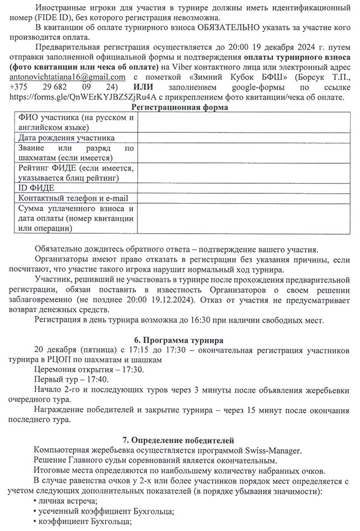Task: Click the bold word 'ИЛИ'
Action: click(x=145, y=87)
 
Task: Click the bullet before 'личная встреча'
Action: click(x=36, y=501)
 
